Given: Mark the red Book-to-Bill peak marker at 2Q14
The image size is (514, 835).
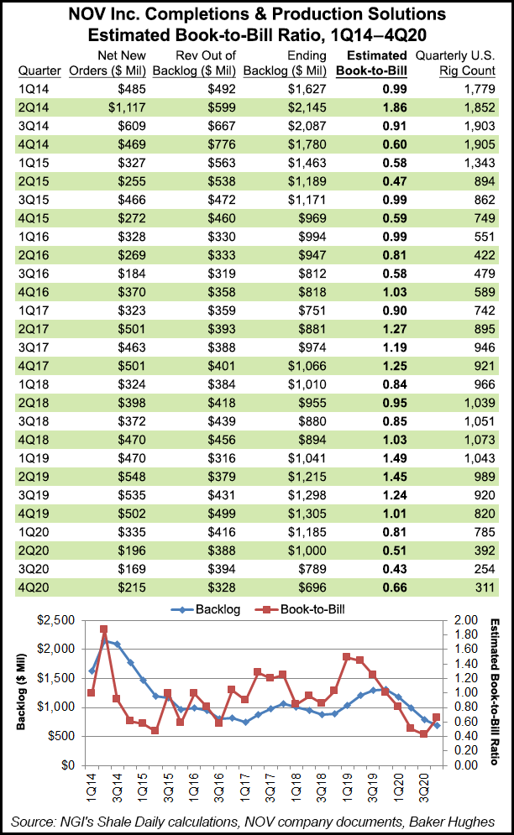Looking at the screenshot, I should tap(103, 629).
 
